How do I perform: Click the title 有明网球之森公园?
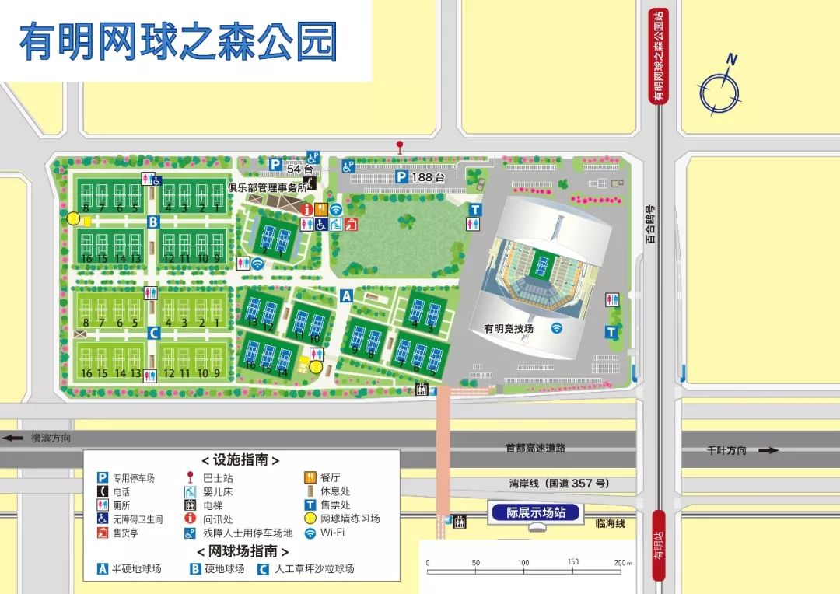click(178, 42)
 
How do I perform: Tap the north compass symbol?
click(720, 90)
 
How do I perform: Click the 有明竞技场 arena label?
click(509, 329)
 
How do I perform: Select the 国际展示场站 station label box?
click(536, 512)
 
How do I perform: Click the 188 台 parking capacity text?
click(429, 177)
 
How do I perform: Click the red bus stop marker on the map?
click(400, 146)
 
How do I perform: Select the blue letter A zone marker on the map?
click(347, 295)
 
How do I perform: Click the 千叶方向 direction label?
click(726, 450)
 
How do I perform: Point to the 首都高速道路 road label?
click(535, 448)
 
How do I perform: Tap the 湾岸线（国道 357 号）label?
click(558, 483)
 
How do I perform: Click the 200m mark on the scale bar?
click(622, 562)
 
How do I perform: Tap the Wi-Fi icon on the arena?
click(557, 328)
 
